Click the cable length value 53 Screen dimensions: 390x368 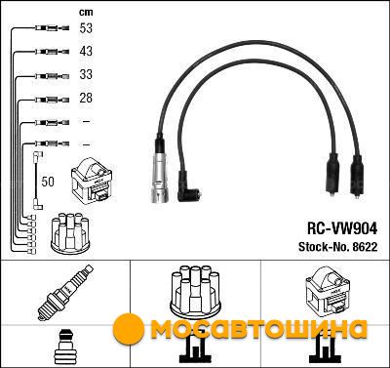click(x=86, y=28)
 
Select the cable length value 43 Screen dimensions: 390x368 click(x=86, y=52)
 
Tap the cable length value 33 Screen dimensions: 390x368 click(x=86, y=74)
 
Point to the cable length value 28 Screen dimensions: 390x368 click(x=86, y=98)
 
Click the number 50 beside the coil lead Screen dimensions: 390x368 click(x=48, y=182)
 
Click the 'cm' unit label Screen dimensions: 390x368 click(x=86, y=13)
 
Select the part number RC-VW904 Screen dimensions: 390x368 click(x=342, y=228)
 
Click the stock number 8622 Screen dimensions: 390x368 click(x=365, y=247)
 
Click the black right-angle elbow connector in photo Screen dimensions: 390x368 click(x=187, y=188)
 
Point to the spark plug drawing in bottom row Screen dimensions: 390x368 click(x=65, y=293)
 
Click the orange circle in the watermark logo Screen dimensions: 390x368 click(x=129, y=328)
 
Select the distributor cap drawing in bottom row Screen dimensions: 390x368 click(x=195, y=290)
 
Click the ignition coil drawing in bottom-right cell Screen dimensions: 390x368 click(x=325, y=290)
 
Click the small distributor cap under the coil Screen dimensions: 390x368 click(x=70, y=233)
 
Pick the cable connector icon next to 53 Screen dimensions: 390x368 click(x=52, y=28)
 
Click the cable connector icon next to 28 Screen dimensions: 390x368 click(x=52, y=100)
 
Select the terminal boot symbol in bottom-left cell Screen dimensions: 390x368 click(x=65, y=346)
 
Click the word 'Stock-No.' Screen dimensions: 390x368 click(x=324, y=247)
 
